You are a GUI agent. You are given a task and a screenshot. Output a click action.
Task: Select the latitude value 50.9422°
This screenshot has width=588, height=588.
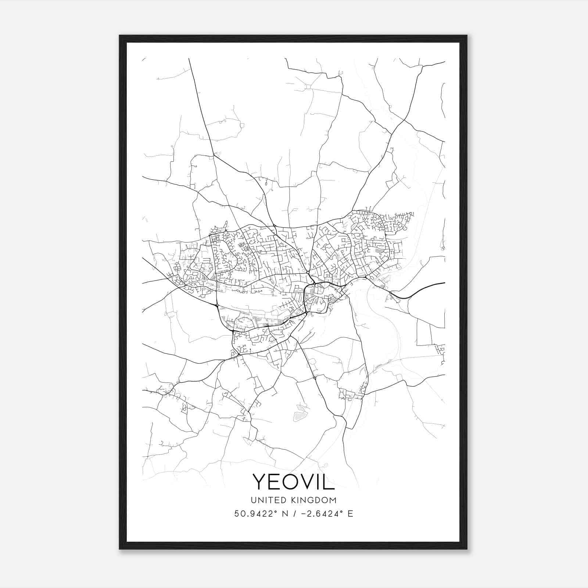255,514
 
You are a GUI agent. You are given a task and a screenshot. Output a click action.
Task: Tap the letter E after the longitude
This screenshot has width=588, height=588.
350,514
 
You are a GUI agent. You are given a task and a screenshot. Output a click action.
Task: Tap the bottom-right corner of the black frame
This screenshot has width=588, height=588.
466,549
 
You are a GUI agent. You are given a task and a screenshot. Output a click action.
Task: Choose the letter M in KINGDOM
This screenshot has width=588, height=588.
333,500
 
